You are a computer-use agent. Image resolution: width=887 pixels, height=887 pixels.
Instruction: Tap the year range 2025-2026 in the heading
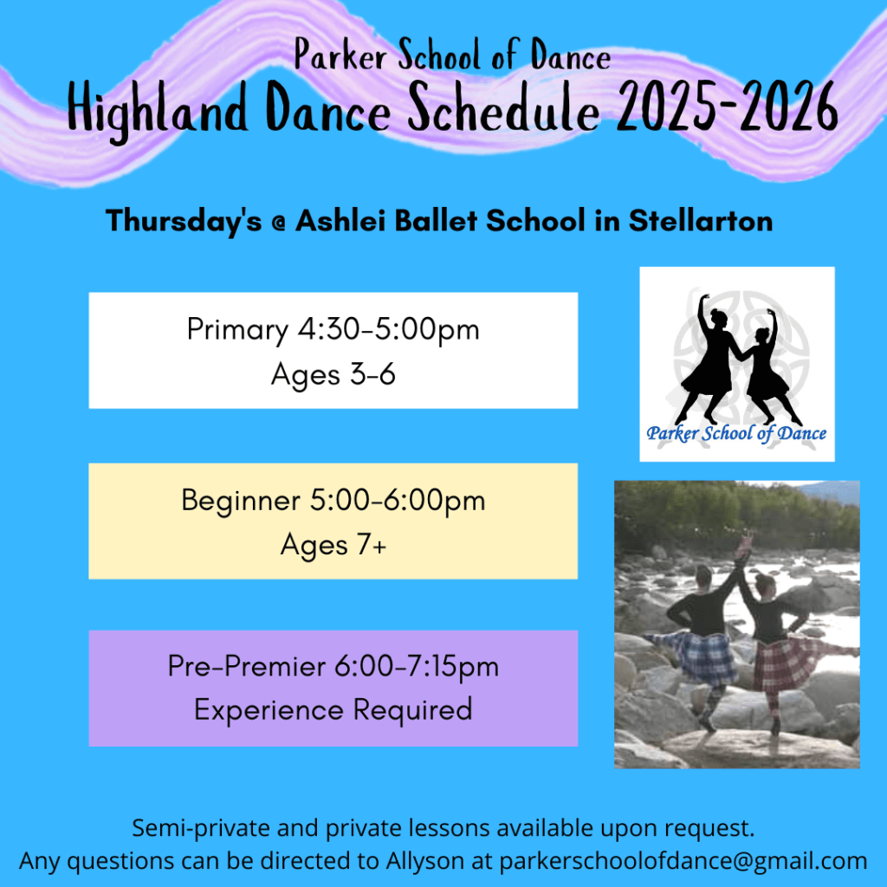click(x=727, y=107)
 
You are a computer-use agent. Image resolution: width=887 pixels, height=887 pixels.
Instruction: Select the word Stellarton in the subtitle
click(x=700, y=220)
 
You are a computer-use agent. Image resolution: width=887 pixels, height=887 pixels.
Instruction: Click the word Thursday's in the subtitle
click(x=184, y=221)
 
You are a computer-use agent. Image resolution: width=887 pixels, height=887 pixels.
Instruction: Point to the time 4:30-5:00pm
click(x=389, y=329)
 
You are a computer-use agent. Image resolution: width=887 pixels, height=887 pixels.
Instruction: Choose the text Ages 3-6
click(x=333, y=374)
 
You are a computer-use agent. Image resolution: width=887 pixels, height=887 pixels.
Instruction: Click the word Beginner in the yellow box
click(x=241, y=502)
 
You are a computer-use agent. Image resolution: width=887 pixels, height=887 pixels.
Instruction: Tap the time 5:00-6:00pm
click(x=398, y=501)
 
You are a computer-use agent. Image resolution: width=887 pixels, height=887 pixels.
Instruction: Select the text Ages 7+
click(x=333, y=545)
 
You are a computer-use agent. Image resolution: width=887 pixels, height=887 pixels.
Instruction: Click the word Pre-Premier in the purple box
click(x=247, y=666)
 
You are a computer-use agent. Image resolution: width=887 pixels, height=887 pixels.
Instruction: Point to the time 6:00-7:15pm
click(x=417, y=666)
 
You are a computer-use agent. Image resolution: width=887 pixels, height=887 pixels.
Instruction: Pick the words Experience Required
click(x=333, y=710)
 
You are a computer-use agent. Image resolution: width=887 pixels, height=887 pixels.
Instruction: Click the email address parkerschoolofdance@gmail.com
click(x=683, y=861)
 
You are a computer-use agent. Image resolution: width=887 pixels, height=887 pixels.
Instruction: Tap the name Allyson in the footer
click(x=424, y=861)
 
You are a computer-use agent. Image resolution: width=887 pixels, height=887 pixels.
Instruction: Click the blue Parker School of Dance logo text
click(x=736, y=433)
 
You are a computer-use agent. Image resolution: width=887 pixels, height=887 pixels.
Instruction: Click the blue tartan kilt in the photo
click(x=702, y=655)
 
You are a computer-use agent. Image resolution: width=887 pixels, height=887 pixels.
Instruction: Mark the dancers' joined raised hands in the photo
click(x=746, y=542)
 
